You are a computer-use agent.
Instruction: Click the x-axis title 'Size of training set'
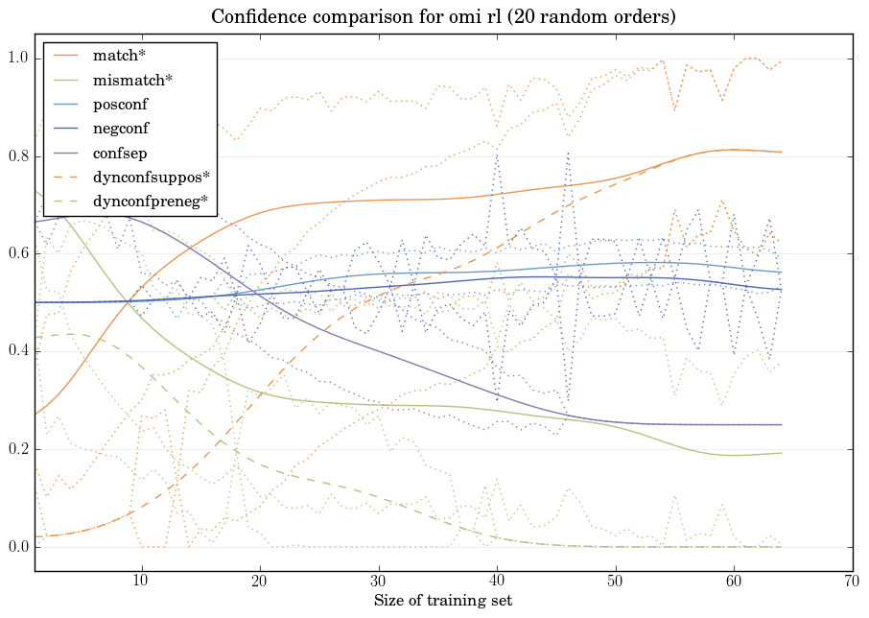coord(442,602)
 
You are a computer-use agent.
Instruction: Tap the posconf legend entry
coord(120,104)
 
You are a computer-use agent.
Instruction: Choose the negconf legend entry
coord(121,128)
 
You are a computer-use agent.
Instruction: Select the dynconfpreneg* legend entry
coord(150,202)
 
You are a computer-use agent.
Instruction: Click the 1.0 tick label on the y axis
coord(16,59)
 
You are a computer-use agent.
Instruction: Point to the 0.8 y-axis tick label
coord(16,156)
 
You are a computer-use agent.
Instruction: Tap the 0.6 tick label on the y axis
coord(16,254)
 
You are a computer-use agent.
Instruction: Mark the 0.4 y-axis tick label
coord(16,352)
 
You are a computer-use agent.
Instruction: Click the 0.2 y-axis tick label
coord(16,450)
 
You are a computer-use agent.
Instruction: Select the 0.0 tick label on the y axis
coord(16,548)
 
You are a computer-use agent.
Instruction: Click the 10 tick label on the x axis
coord(142,582)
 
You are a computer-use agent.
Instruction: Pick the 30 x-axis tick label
coord(379,582)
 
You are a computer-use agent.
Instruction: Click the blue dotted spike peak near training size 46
coord(568,152)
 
